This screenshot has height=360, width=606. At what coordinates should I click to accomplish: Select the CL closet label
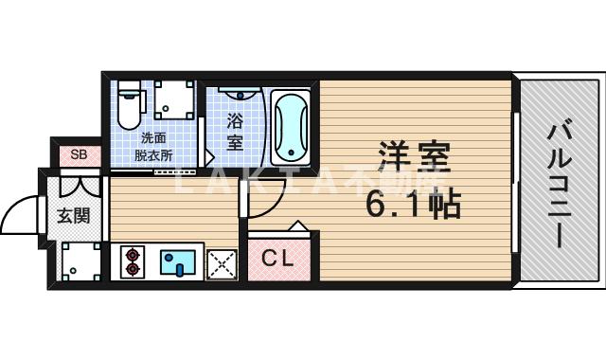tap(277, 257)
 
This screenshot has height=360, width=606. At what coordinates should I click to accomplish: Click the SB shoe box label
tap(78, 154)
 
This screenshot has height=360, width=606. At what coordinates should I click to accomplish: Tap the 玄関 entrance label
tap(75, 216)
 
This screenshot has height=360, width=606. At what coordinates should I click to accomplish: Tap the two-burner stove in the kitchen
tap(132, 261)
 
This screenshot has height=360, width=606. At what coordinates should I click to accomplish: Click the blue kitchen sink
tap(177, 261)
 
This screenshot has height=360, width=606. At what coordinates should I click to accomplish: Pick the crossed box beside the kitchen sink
tap(222, 262)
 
